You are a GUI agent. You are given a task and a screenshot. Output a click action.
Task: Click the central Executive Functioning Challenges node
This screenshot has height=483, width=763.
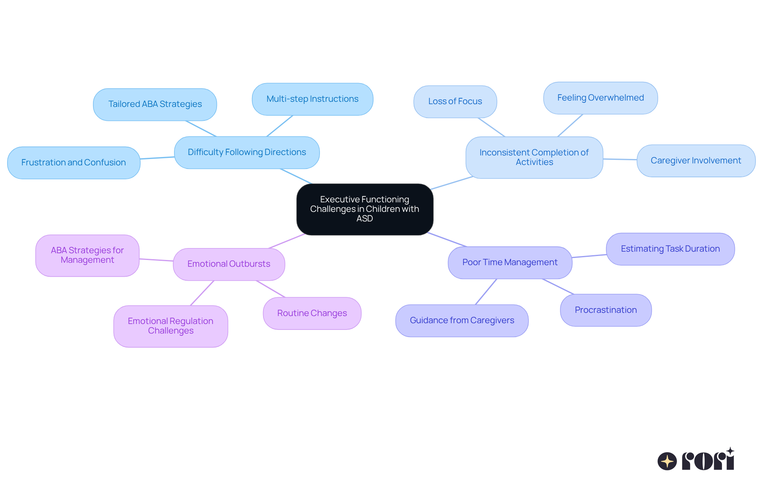[x=364, y=209]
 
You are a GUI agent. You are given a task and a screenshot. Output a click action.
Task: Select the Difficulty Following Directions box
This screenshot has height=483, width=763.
[x=247, y=152]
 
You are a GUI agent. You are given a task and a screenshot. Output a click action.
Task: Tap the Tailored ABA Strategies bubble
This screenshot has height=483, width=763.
[x=155, y=104]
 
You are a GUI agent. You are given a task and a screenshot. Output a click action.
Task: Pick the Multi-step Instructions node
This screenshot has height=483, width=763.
[x=312, y=99]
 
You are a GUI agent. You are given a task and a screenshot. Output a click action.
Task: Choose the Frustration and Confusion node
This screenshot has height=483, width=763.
[x=74, y=163]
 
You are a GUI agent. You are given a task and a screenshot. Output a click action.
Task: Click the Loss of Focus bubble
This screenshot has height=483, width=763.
[x=455, y=101]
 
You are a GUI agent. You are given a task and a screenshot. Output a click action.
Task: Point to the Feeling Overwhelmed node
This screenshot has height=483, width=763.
[x=600, y=98]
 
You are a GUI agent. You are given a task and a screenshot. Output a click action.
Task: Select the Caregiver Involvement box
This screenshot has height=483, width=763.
[x=695, y=161]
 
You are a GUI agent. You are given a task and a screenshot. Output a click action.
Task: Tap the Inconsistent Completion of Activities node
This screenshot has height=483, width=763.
[x=534, y=157]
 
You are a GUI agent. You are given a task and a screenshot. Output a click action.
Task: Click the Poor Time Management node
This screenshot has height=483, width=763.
[x=510, y=262]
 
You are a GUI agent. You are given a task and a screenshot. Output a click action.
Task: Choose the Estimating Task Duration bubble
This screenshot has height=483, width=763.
[x=670, y=249]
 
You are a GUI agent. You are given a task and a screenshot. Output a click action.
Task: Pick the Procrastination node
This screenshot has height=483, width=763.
[x=606, y=310]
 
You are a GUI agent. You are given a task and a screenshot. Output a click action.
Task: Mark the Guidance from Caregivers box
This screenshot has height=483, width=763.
[x=462, y=320]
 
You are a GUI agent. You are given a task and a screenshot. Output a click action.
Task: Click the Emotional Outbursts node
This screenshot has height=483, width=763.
[x=229, y=264]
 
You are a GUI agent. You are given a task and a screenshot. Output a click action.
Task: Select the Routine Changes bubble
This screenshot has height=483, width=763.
[x=312, y=313]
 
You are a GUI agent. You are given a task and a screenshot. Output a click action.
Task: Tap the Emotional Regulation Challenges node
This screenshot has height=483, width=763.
[x=170, y=326]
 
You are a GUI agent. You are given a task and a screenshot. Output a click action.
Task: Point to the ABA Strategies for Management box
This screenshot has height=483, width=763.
[x=87, y=255]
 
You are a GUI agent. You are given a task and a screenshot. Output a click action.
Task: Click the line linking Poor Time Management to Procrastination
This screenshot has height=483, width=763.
[x=558, y=287]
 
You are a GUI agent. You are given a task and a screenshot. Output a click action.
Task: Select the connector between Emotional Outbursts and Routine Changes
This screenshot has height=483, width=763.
[x=271, y=289]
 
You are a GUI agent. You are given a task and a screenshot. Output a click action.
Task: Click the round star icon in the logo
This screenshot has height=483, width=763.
[x=667, y=461]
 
